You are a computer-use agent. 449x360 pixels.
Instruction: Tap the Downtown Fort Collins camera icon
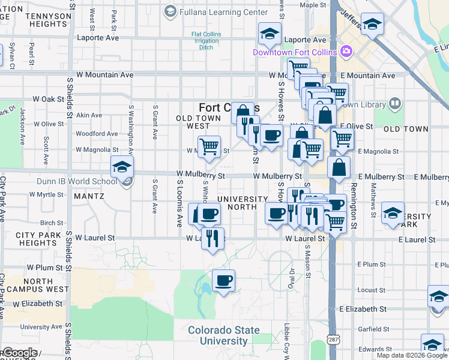click(x=346, y=52)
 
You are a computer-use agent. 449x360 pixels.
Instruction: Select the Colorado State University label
click(x=224, y=335)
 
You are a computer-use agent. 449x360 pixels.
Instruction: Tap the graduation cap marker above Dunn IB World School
click(x=122, y=167)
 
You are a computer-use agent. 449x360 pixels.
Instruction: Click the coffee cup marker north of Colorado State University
click(x=223, y=280)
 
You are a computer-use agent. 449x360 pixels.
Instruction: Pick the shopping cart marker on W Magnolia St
click(x=209, y=146)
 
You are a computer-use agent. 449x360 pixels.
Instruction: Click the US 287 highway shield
click(x=332, y=339)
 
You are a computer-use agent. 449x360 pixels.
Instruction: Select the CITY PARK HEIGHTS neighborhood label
click(x=37, y=239)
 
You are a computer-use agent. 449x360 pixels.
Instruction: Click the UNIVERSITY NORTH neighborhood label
click(x=243, y=203)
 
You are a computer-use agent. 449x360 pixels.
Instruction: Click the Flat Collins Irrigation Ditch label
click(x=206, y=40)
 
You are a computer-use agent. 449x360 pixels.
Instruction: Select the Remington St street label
click(x=354, y=196)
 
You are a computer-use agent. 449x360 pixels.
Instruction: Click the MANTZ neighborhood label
click(x=88, y=196)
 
